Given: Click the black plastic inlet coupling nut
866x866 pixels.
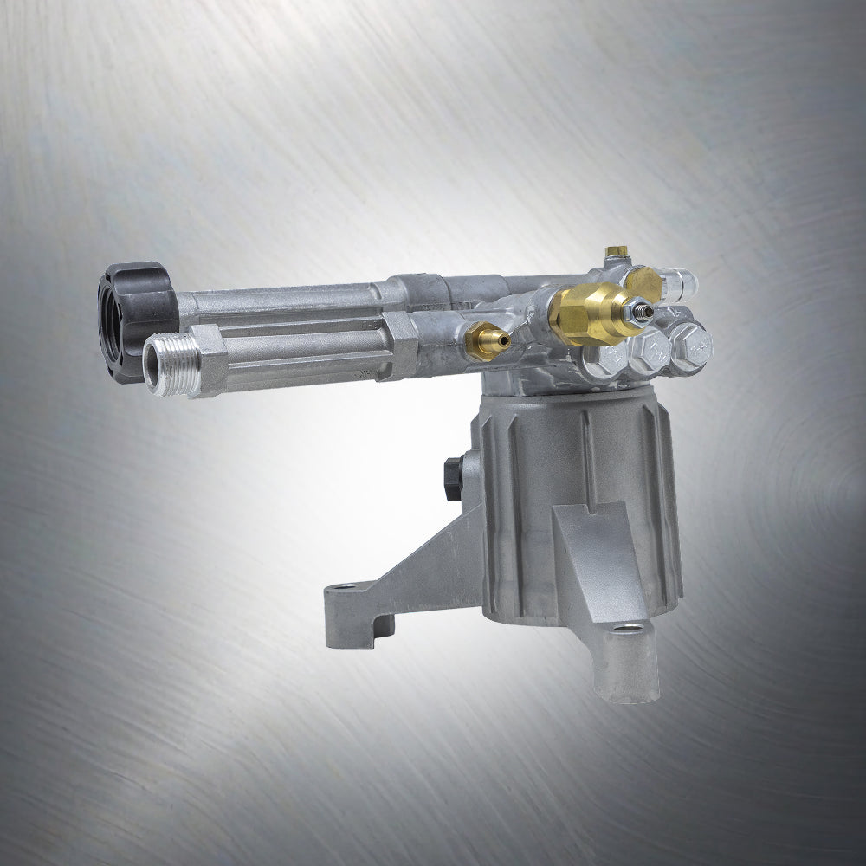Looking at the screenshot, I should [x=139, y=303].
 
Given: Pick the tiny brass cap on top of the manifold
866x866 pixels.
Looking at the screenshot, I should [x=616, y=252].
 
